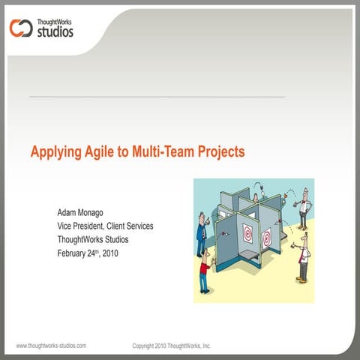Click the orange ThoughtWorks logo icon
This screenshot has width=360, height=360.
19,28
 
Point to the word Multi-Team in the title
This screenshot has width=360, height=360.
164,152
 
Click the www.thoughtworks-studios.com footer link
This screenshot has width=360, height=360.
51,346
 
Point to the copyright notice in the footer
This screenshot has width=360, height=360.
171,346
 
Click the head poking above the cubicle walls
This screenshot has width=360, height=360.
255,197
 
